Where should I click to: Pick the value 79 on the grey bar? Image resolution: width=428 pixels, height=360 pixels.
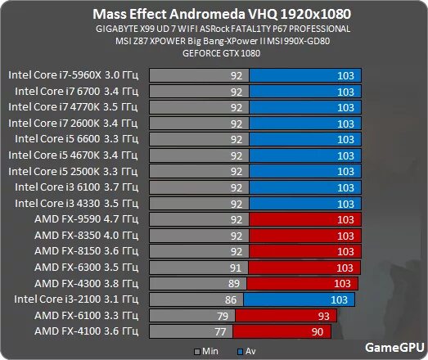(x=219, y=316)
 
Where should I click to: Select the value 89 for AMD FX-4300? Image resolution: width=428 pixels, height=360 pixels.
(x=235, y=284)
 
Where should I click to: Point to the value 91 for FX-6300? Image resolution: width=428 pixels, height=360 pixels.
(x=237, y=268)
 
